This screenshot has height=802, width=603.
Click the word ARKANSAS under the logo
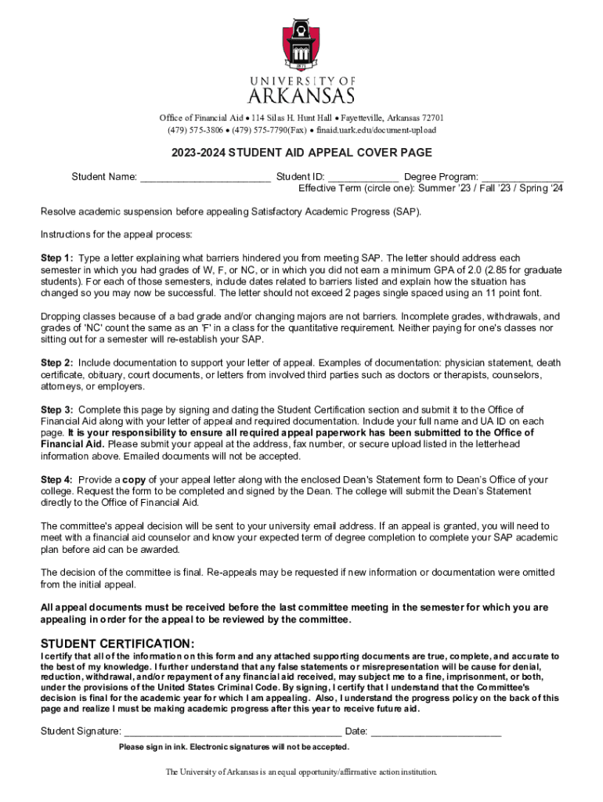301,96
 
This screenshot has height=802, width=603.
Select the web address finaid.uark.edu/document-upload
375,130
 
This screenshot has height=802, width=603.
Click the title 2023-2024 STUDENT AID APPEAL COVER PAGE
302,153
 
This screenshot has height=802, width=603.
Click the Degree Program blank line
522,178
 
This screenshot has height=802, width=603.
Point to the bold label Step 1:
57,258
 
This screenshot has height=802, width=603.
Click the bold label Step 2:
57,363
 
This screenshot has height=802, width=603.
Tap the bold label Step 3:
57,410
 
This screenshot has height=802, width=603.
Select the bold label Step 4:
57,479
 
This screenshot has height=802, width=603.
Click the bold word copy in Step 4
134,479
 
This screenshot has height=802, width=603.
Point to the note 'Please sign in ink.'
153,747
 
